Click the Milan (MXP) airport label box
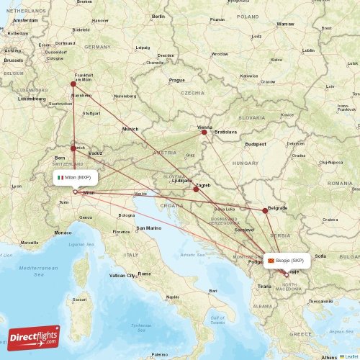pyautogui.click(x=74, y=177)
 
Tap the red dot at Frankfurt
pyautogui.click(x=73, y=84)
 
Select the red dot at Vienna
pyautogui.click(x=204, y=132)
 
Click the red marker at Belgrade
pyautogui.click(x=265, y=210)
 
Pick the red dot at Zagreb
pyautogui.click(x=196, y=189)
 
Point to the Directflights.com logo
pyautogui.click(x=34, y=337)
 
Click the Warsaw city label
pyautogui.click(x=285, y=24)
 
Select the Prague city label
pyautogui.click(x=177, y=80)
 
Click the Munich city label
pyautogui.click(x=130, y=129)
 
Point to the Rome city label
pyautogui.click(x=144, y=274)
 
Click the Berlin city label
pyautogui.click(x=158, y=16)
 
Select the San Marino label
pyautogui.click(x=149, y=228)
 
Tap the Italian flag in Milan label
pyautogui.click(x=60, y=177)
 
